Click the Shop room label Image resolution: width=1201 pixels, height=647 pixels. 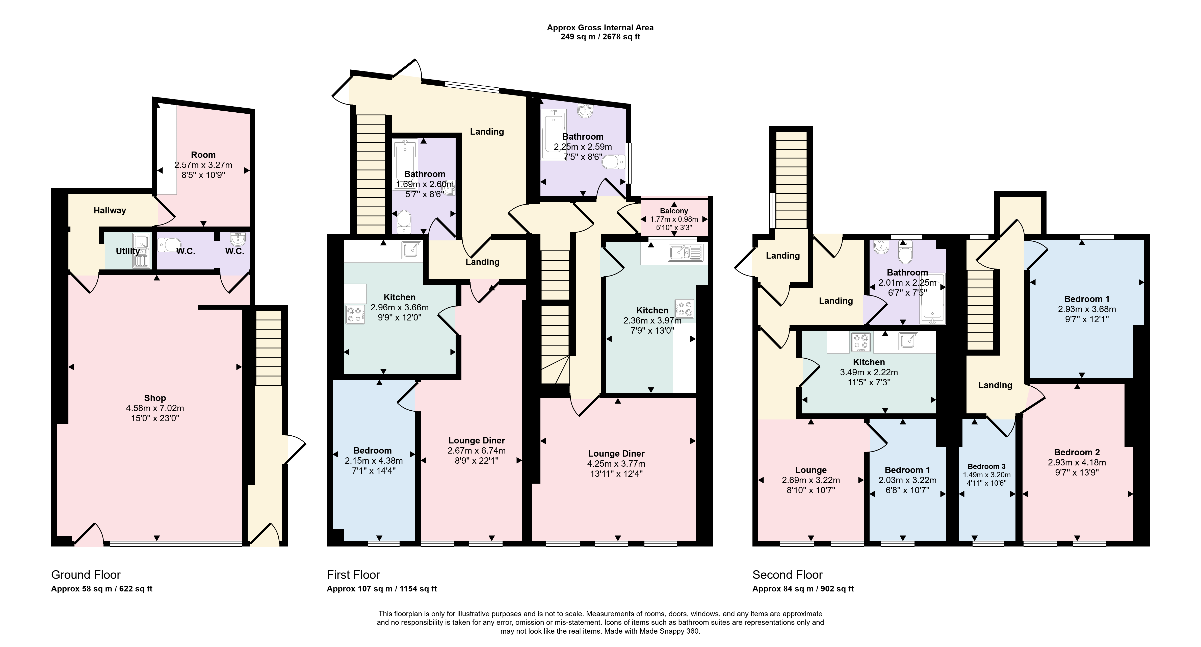[155, 398]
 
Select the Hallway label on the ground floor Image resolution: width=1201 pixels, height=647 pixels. [110, 210]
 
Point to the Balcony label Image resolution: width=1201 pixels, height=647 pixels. [674, 211]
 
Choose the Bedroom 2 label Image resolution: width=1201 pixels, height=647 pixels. [1077, 452]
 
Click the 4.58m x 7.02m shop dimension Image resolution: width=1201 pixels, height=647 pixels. [155, 408]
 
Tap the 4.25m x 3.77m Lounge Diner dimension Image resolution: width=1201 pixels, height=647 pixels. [616, 464]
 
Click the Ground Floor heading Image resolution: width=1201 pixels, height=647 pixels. [86, 575]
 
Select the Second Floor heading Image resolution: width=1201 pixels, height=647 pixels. [788, 575]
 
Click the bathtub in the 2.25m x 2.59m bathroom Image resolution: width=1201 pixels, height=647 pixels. [553, 135]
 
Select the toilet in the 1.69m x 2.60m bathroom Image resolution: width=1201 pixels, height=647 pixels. [404, 221]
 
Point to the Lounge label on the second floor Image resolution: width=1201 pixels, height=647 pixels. [811, 470]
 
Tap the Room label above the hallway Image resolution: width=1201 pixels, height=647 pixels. [203, 154]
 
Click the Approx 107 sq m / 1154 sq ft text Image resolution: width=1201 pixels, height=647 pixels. [382, 589]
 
